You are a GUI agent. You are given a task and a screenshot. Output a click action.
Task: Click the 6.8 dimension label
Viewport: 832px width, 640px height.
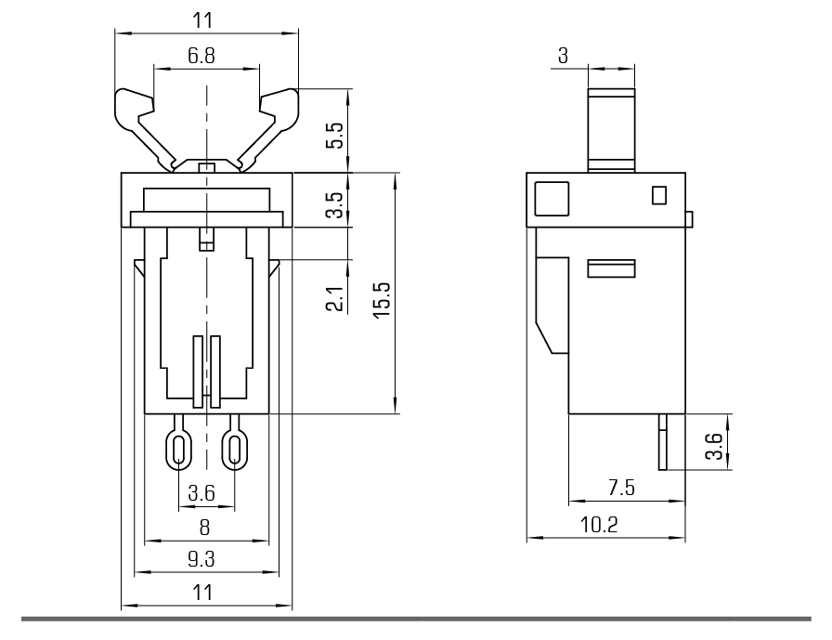[x=201, y=56]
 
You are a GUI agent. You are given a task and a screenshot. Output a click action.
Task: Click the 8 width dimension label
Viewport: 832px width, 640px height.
[x=205, y=527]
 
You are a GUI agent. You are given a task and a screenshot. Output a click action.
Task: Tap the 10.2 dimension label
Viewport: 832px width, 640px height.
[x=600, y=525]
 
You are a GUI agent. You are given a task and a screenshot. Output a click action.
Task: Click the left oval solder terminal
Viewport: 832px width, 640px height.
[x=179, y=450]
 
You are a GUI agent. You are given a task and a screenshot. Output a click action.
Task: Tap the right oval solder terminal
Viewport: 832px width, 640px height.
[x=236, y=450]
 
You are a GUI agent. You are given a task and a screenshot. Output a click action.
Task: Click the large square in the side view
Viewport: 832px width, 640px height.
[x=552, y=198]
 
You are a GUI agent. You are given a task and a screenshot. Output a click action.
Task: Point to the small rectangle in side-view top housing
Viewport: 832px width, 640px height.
[x=659, y=195]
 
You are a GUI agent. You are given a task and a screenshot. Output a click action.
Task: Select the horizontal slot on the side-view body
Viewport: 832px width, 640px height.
[x=611, y=269]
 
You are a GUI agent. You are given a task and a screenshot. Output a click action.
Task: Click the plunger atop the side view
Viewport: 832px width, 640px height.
[x=611, y=130]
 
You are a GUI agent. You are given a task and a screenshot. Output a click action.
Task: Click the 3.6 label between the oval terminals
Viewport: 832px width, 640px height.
[x=201, y=493]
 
